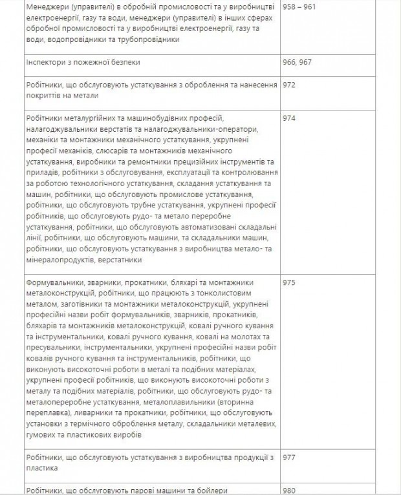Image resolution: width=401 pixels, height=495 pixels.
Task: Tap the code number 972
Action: coord(289,85)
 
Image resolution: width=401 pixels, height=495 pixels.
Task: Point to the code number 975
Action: coord(289,283)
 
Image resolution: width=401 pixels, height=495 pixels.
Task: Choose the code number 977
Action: coord(289,456)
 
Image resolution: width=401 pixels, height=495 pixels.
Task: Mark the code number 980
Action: coord(289,489)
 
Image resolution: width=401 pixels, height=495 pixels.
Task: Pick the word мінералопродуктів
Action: coord(62,260)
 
